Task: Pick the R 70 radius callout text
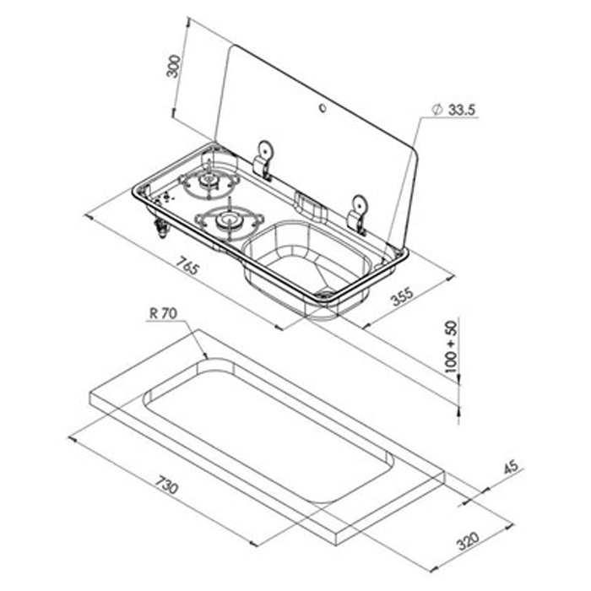click(x=161, y=313)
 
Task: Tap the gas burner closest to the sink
click(x=225, y=222)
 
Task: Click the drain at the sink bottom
click(x=326, y=293)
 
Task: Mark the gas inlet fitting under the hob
click(x=160, y=227)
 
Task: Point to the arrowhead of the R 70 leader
click(x=205, y=356)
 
